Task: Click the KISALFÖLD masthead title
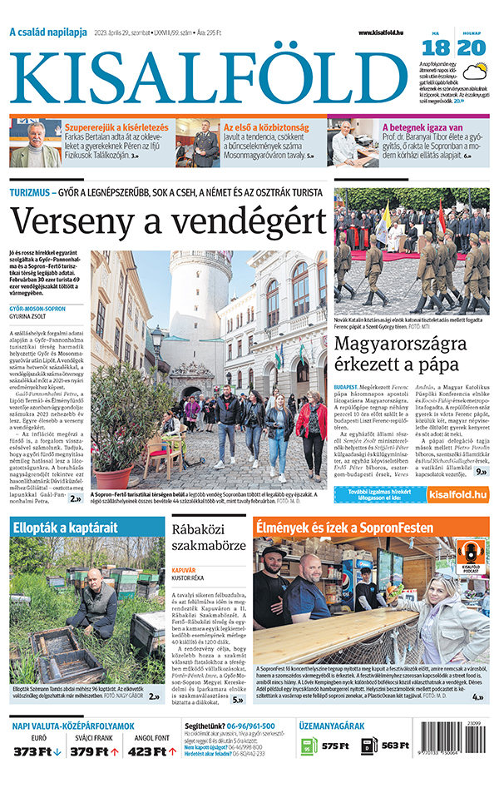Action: pos(210,74)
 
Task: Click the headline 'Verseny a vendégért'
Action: pos(168,221)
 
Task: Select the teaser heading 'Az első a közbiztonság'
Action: pos(264,127)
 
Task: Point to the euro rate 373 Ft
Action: pos(33,751)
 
